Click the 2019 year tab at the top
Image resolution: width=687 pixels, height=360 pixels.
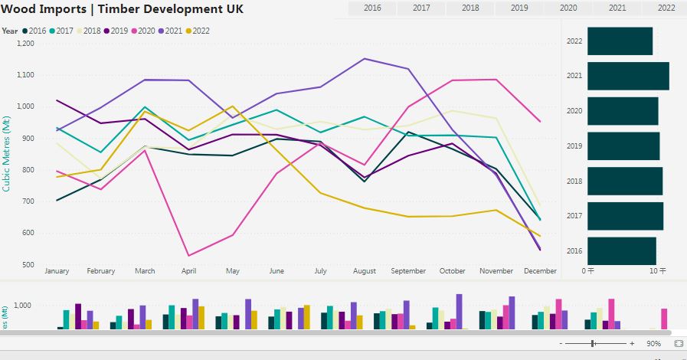point(519,8)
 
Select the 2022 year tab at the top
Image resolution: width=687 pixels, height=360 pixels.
point(666,8)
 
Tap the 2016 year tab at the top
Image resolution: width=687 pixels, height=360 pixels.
point(372,8)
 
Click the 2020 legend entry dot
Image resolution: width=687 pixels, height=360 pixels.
point(136,31)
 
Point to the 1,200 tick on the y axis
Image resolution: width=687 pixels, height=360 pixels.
point(25,44)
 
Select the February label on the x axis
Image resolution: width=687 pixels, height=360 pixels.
point(101,271)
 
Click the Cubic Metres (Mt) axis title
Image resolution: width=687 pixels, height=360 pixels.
point(7,152)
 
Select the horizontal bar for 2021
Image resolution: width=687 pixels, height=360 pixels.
point(628,76)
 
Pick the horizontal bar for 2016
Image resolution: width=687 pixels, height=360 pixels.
point(621,250)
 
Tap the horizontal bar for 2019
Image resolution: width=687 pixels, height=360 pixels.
point(623,146)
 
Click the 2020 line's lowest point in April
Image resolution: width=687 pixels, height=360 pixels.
point(188,256)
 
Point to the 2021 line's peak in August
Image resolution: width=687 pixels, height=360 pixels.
point(365,58)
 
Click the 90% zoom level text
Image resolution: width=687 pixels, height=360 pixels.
point(653,344)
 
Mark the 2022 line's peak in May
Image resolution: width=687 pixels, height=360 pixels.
point(233,106)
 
